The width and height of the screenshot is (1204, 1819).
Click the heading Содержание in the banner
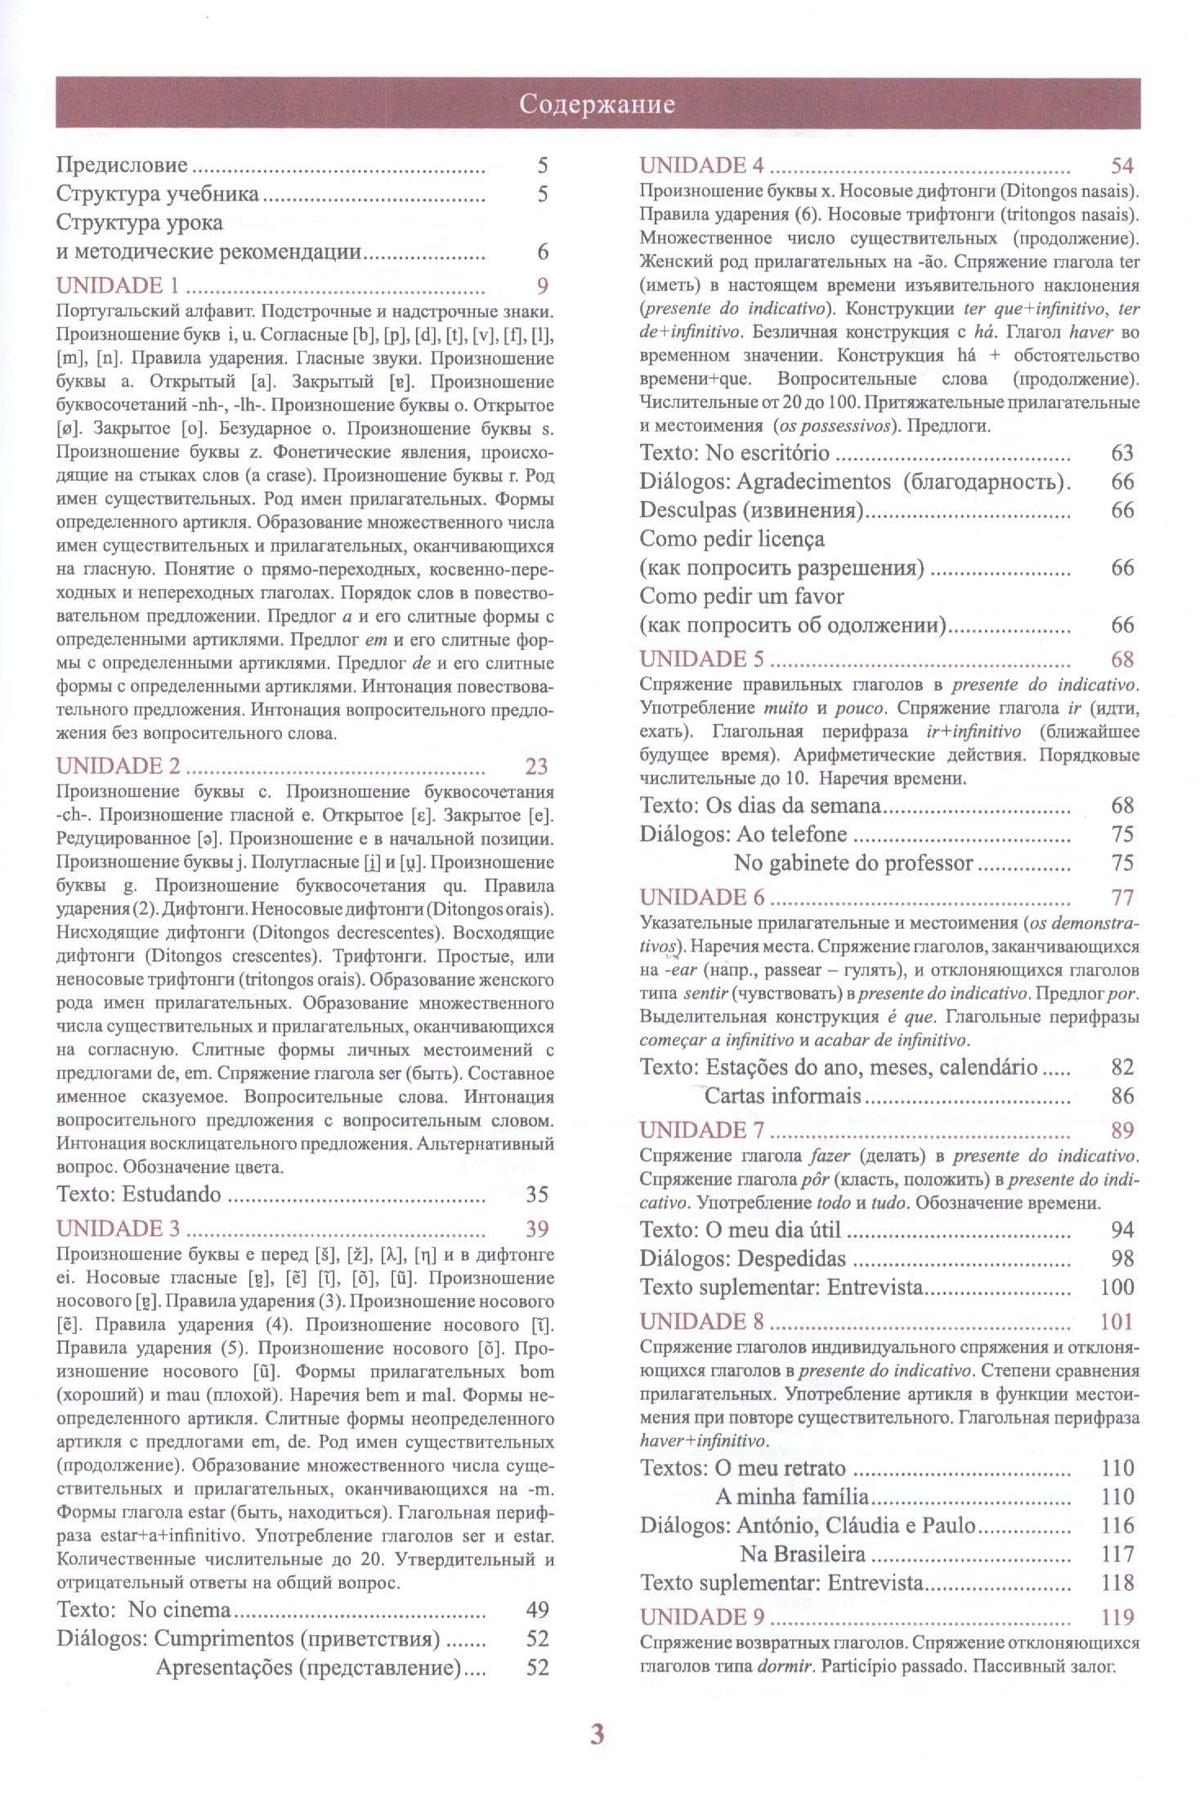(598, 105)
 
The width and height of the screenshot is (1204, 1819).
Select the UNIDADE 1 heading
(118, 286)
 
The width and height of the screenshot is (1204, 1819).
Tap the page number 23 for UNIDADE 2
(536, 766)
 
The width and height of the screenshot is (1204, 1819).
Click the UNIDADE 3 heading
(119, 1229)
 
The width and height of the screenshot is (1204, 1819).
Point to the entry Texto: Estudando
(139, 1194)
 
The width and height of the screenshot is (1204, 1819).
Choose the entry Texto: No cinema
(144, 1610)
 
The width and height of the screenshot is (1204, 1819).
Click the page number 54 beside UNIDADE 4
(1122, 166)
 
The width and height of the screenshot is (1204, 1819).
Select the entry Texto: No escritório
(734, 453)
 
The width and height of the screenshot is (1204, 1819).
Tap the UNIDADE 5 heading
(702, 660)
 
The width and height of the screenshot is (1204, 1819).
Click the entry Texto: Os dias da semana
(760, 805)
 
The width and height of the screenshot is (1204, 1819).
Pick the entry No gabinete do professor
(853, 863)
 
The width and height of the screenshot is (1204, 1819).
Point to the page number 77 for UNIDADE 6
(1122, 898)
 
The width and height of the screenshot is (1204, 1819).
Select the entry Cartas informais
(782, 1095)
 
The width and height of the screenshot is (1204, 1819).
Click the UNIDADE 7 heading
(701, 1130)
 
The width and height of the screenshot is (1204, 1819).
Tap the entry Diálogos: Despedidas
(742, 1258)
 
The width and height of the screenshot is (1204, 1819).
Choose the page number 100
(1117, 1287)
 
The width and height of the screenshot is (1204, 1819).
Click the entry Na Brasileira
(802, 1553)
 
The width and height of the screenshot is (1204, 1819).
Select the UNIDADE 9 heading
(702, 1616)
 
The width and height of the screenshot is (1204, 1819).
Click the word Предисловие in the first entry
(122, 166)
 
